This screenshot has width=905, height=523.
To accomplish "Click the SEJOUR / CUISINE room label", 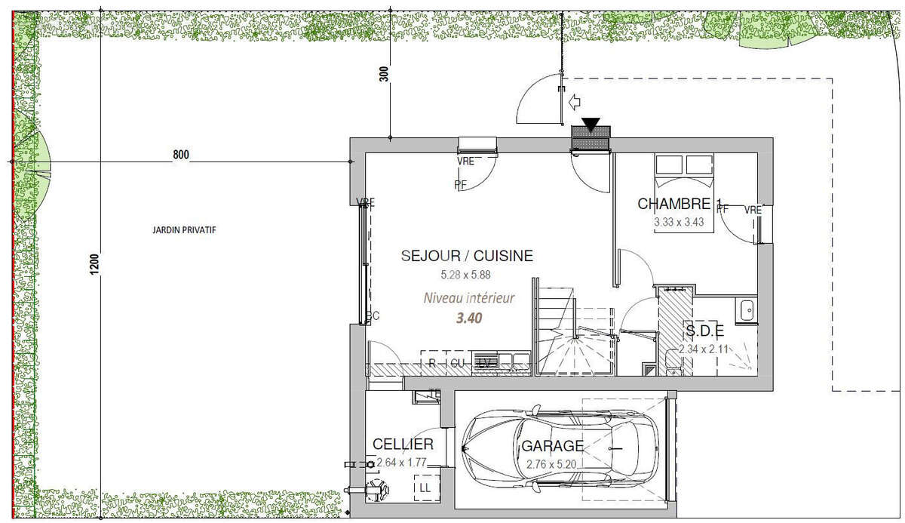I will (467, 257).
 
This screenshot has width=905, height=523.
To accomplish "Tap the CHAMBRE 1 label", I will (680, 204).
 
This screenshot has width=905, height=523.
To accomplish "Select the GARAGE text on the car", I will (553, 446).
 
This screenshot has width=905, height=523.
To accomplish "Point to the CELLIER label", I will (403, 445).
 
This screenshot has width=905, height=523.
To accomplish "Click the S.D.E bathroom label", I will (704, 331).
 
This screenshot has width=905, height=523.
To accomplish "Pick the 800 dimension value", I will (181, 155).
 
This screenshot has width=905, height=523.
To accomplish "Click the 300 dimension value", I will (384, 74).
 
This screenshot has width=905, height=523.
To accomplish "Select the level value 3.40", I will (469, 318).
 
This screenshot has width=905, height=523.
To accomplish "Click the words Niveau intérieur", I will (469, 298).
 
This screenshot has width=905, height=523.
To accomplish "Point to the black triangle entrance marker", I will (591, 126).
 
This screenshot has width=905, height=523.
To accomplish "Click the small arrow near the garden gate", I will (575, 100).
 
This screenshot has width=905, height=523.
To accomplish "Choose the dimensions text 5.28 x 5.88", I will (467, 275).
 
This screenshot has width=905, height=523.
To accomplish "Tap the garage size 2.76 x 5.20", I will (554, 464).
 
